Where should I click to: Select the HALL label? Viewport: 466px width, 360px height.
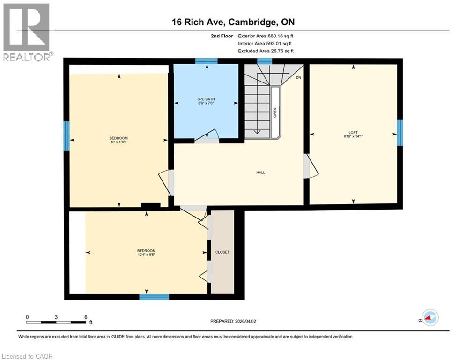[260, 172]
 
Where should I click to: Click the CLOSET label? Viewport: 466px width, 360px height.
[222, 252]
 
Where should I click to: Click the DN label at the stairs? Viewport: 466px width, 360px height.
[298, 77]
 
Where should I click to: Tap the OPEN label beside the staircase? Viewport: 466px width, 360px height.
[275, 112]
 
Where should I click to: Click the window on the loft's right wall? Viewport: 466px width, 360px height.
[399, 133]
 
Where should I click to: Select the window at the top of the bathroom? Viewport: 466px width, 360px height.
[206, 60]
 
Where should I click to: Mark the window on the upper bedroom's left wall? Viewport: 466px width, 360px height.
[67, 135]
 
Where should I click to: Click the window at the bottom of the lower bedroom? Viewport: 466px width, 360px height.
[154, 297]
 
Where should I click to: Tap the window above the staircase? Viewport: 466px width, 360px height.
[264, 60]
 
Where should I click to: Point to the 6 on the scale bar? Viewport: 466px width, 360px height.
[85, 317]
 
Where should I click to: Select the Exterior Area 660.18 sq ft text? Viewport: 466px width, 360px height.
[266, 36]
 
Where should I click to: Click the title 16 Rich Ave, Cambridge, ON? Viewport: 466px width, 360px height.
[233, 22]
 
